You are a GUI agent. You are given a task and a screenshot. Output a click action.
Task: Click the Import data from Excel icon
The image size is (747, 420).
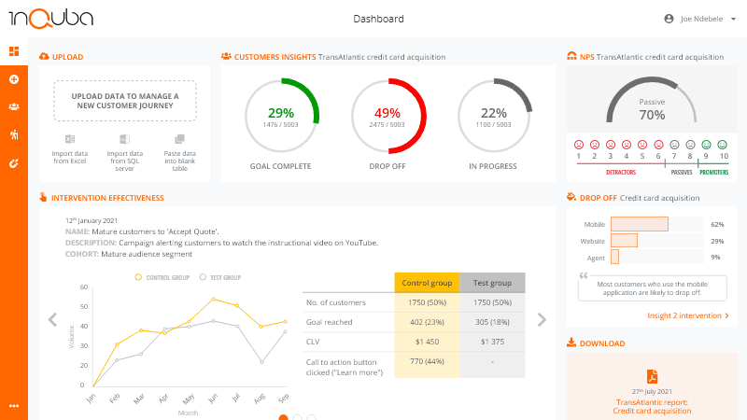[70, 138]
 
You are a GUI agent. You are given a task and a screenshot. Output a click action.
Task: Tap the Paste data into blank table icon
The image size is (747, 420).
[179, 138]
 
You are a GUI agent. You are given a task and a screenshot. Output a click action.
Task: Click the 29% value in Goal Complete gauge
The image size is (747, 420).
[280, 112]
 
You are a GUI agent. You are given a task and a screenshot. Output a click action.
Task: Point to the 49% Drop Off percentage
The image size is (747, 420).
[387, 112]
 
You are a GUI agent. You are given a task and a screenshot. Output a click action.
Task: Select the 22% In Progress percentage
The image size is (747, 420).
[493, 112]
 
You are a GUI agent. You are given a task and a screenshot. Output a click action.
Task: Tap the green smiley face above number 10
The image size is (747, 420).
[723, 145]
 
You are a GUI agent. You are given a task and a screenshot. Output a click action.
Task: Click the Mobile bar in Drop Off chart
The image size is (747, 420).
[640, 224]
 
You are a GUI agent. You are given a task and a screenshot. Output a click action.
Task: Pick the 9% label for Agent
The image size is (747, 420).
[716, 257]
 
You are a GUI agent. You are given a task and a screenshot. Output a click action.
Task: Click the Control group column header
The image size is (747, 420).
[427, 282]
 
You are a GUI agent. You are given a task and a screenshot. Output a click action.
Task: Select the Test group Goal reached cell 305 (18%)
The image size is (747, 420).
[492, 322]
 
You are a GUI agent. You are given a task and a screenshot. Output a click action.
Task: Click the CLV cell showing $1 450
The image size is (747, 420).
[427, 342]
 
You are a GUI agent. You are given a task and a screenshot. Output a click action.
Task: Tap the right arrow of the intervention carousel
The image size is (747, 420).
[542, 320]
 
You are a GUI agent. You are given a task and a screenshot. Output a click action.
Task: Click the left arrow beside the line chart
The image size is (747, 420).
[52, 320]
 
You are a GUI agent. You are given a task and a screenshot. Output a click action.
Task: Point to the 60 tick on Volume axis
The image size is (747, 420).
[84, 287]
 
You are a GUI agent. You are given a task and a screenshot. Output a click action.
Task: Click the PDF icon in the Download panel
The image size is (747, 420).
[653, 375]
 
